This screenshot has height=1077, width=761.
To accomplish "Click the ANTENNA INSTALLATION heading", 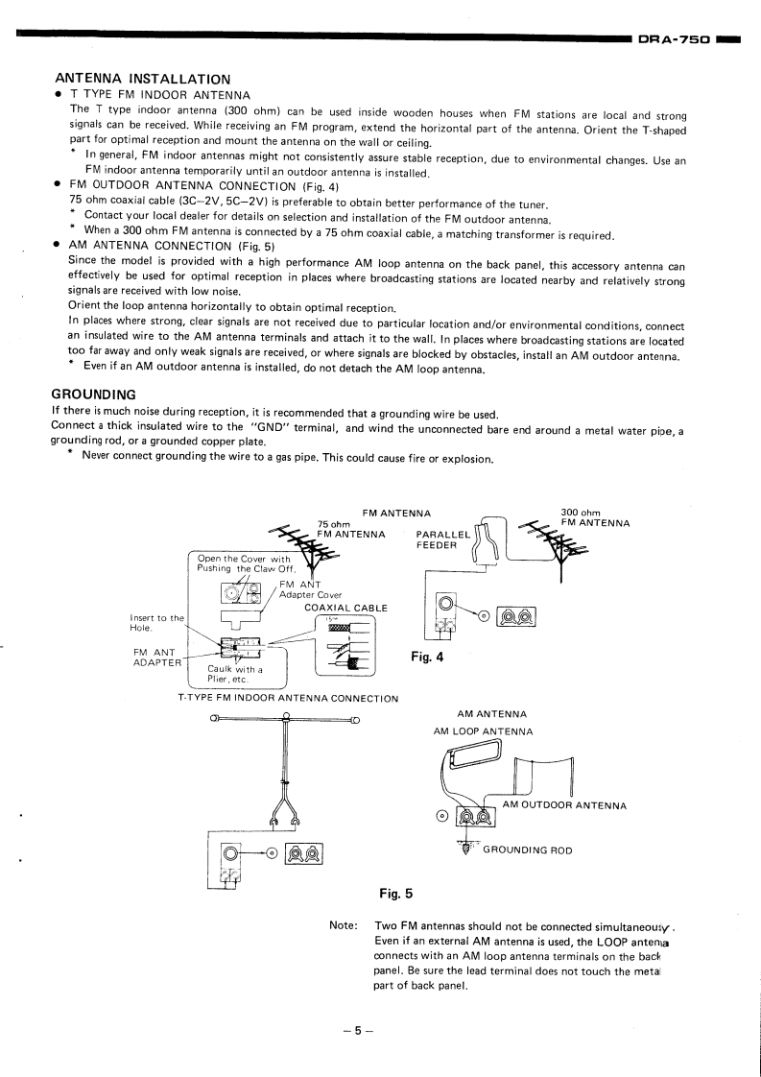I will (143, 78).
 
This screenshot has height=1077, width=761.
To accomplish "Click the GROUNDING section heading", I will (93, 395).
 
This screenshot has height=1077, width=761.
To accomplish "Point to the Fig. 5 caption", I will (395, 895).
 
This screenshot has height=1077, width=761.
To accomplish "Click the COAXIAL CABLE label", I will (345, 608).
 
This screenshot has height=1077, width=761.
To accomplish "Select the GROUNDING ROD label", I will (528, 850).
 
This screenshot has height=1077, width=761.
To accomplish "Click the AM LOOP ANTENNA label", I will (483, 731).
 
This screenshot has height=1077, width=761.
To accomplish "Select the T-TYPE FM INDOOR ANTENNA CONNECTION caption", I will (288, 698).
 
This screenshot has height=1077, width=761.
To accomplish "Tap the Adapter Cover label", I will (310, 595).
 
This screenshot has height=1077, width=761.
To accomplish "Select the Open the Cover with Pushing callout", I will (244, 563).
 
